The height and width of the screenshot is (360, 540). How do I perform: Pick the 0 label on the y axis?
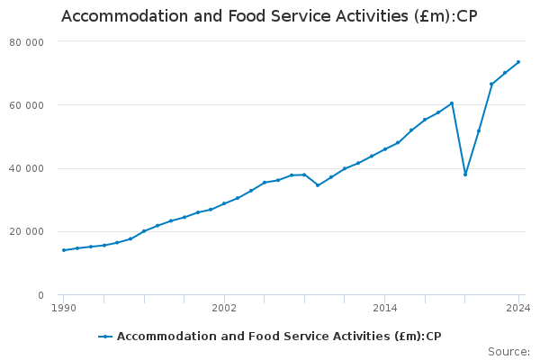(40, 295)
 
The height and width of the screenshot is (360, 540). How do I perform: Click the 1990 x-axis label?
(63, 308)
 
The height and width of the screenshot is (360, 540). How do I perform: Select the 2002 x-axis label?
(224, 308)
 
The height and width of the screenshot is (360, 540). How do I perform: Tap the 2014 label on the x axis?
(384, 308)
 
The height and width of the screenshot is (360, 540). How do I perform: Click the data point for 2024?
(518, 62)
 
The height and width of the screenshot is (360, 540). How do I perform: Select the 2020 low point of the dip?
(465, 175)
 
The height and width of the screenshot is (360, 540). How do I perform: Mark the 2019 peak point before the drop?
(452, 103)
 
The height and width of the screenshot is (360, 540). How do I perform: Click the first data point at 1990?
(63, 250)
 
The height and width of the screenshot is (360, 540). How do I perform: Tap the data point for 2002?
(224, 203)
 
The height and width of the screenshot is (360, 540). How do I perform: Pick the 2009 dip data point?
(318, 185)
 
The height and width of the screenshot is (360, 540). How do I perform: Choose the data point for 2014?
(384, 149)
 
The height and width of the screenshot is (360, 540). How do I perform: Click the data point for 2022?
(491, 84)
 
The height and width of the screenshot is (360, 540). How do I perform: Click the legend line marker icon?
(106, 337)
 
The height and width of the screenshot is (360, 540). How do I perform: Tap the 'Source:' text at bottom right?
(508, 351)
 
